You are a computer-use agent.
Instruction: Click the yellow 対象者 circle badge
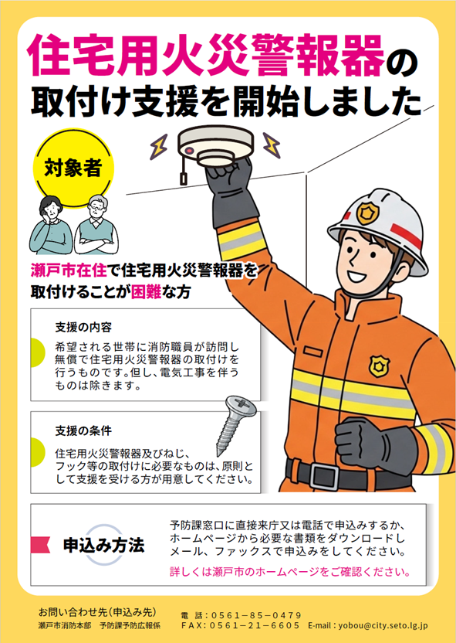tap(73, 168)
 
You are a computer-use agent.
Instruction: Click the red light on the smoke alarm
tap(189, 151)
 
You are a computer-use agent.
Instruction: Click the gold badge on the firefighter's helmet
tap(367, 212)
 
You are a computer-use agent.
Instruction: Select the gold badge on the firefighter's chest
tap(379, 366)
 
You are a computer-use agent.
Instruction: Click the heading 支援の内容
tap(83, 327)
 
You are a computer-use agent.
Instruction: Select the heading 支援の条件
tap(83, 430)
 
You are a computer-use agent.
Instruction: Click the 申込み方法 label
tap(104, 546)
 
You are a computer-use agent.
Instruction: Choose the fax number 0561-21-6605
tap(255, 626)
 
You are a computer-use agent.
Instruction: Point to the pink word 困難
tap(146, 291)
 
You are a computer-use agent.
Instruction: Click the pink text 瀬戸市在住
tap(69, 270)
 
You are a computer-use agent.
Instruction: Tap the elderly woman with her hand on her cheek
tap(51, 225)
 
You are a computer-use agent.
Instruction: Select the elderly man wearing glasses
tap(96, 225)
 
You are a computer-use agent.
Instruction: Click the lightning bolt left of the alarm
tap(158, 146)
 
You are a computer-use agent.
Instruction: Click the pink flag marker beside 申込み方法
tap(40, 545)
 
